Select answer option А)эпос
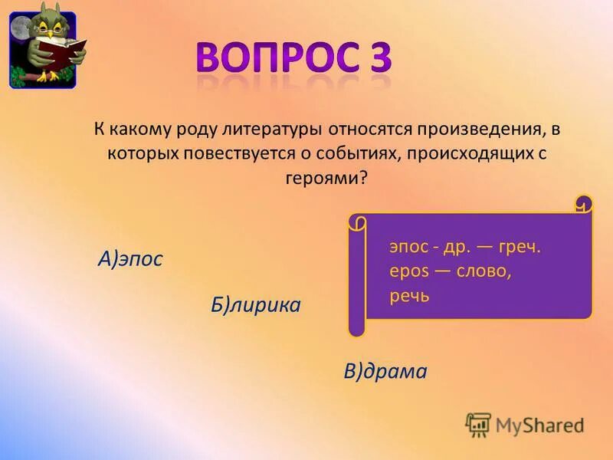click(x=130, y=259)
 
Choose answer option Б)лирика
click(x=256, y=305)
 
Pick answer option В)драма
click(x=385, y=372)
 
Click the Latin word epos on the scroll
click(x=405, y=271)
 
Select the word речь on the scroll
click(x=409, y=296)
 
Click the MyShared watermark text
click(x=539, y=424)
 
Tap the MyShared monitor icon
click(x=478, y=424)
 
